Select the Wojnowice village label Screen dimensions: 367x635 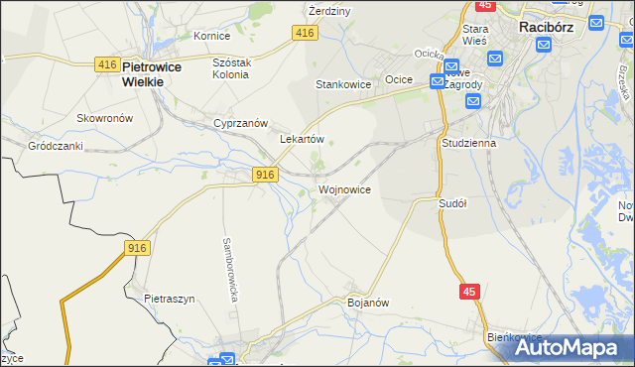(344, 188)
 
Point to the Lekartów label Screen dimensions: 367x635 (303, 140)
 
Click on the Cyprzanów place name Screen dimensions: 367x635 (241, 123)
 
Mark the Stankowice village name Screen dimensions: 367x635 (343, 85)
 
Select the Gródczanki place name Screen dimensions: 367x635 (55, 145)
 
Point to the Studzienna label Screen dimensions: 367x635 (468, 143)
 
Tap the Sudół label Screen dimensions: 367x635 (452, 202)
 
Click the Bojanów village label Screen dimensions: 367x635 (366, 302)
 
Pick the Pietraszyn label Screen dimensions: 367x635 (169, 298)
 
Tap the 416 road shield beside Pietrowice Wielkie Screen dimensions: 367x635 (108, 63)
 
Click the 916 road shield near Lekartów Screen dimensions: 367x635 (263, 175)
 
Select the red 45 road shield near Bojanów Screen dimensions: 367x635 (470, 291)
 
